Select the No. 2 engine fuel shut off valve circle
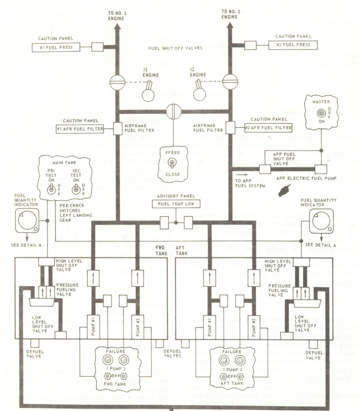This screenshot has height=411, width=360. (x=231, y=83)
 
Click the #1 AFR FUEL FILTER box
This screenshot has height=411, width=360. (x=81, y=129)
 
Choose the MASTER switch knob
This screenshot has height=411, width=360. (x=319, y=113)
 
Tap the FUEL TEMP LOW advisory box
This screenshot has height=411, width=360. (x=176, y=204)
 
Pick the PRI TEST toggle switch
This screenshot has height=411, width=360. (x=51, y=190)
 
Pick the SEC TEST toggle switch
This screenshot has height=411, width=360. (x=76, y=190)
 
